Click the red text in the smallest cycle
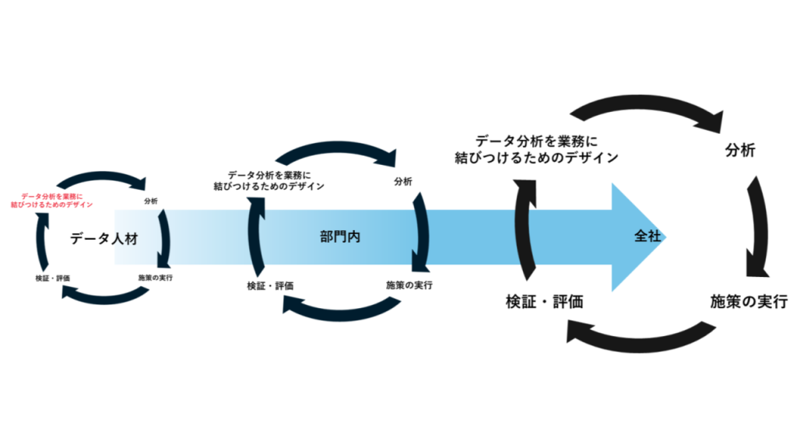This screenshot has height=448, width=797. click(x=51, y=200)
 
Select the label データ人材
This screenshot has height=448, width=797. click(x=104, y=239)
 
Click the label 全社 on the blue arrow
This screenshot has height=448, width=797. click(x=647, y=236)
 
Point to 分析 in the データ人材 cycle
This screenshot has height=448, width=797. click(x=151, y=201)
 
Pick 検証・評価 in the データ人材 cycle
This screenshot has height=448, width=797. click(x=53, y=278)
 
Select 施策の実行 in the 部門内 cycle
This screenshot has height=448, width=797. click(x=409, y=285)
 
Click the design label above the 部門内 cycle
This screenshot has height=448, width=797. click(x=269, y=180)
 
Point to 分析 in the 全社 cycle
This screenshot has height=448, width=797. click(x=739, y=151)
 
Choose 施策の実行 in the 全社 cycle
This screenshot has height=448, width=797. click(x=749, y=301)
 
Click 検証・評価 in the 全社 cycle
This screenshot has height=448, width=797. click(x=544, y=301)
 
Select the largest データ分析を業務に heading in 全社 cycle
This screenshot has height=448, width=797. click(x=536, y=149)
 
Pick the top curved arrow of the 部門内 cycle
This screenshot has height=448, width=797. click(x=336, y=150)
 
